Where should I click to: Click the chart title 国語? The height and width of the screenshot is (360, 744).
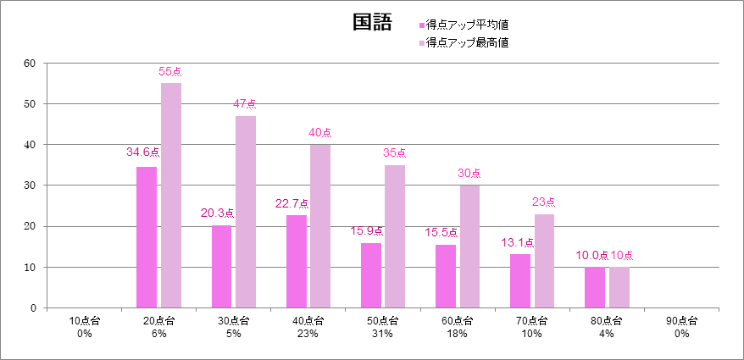point(372,22)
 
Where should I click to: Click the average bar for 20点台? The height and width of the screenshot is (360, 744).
point(147,237)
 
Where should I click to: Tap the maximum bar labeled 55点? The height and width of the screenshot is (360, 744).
point(171,195)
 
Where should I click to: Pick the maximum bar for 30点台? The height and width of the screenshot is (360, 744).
point(246,212)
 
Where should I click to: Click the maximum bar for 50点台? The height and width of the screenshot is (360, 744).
point(395,236)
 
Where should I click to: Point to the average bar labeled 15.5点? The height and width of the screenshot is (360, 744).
point(446,276)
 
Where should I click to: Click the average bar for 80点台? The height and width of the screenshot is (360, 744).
point(595,287)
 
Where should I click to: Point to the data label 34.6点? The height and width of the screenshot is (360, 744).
point(142,152)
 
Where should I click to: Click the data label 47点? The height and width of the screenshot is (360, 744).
point(245,103)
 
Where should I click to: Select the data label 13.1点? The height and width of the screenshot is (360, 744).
point(515,242)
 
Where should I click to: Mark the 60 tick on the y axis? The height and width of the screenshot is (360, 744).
point(30,63)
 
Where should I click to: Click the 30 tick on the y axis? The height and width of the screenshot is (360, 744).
point(30,186)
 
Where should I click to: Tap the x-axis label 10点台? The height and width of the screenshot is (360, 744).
point(84,321)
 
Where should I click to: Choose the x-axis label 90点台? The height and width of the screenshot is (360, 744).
point(680,321)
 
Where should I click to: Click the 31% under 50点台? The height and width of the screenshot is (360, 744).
point(382,334)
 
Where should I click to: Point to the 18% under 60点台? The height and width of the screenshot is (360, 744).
point(457,334)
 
